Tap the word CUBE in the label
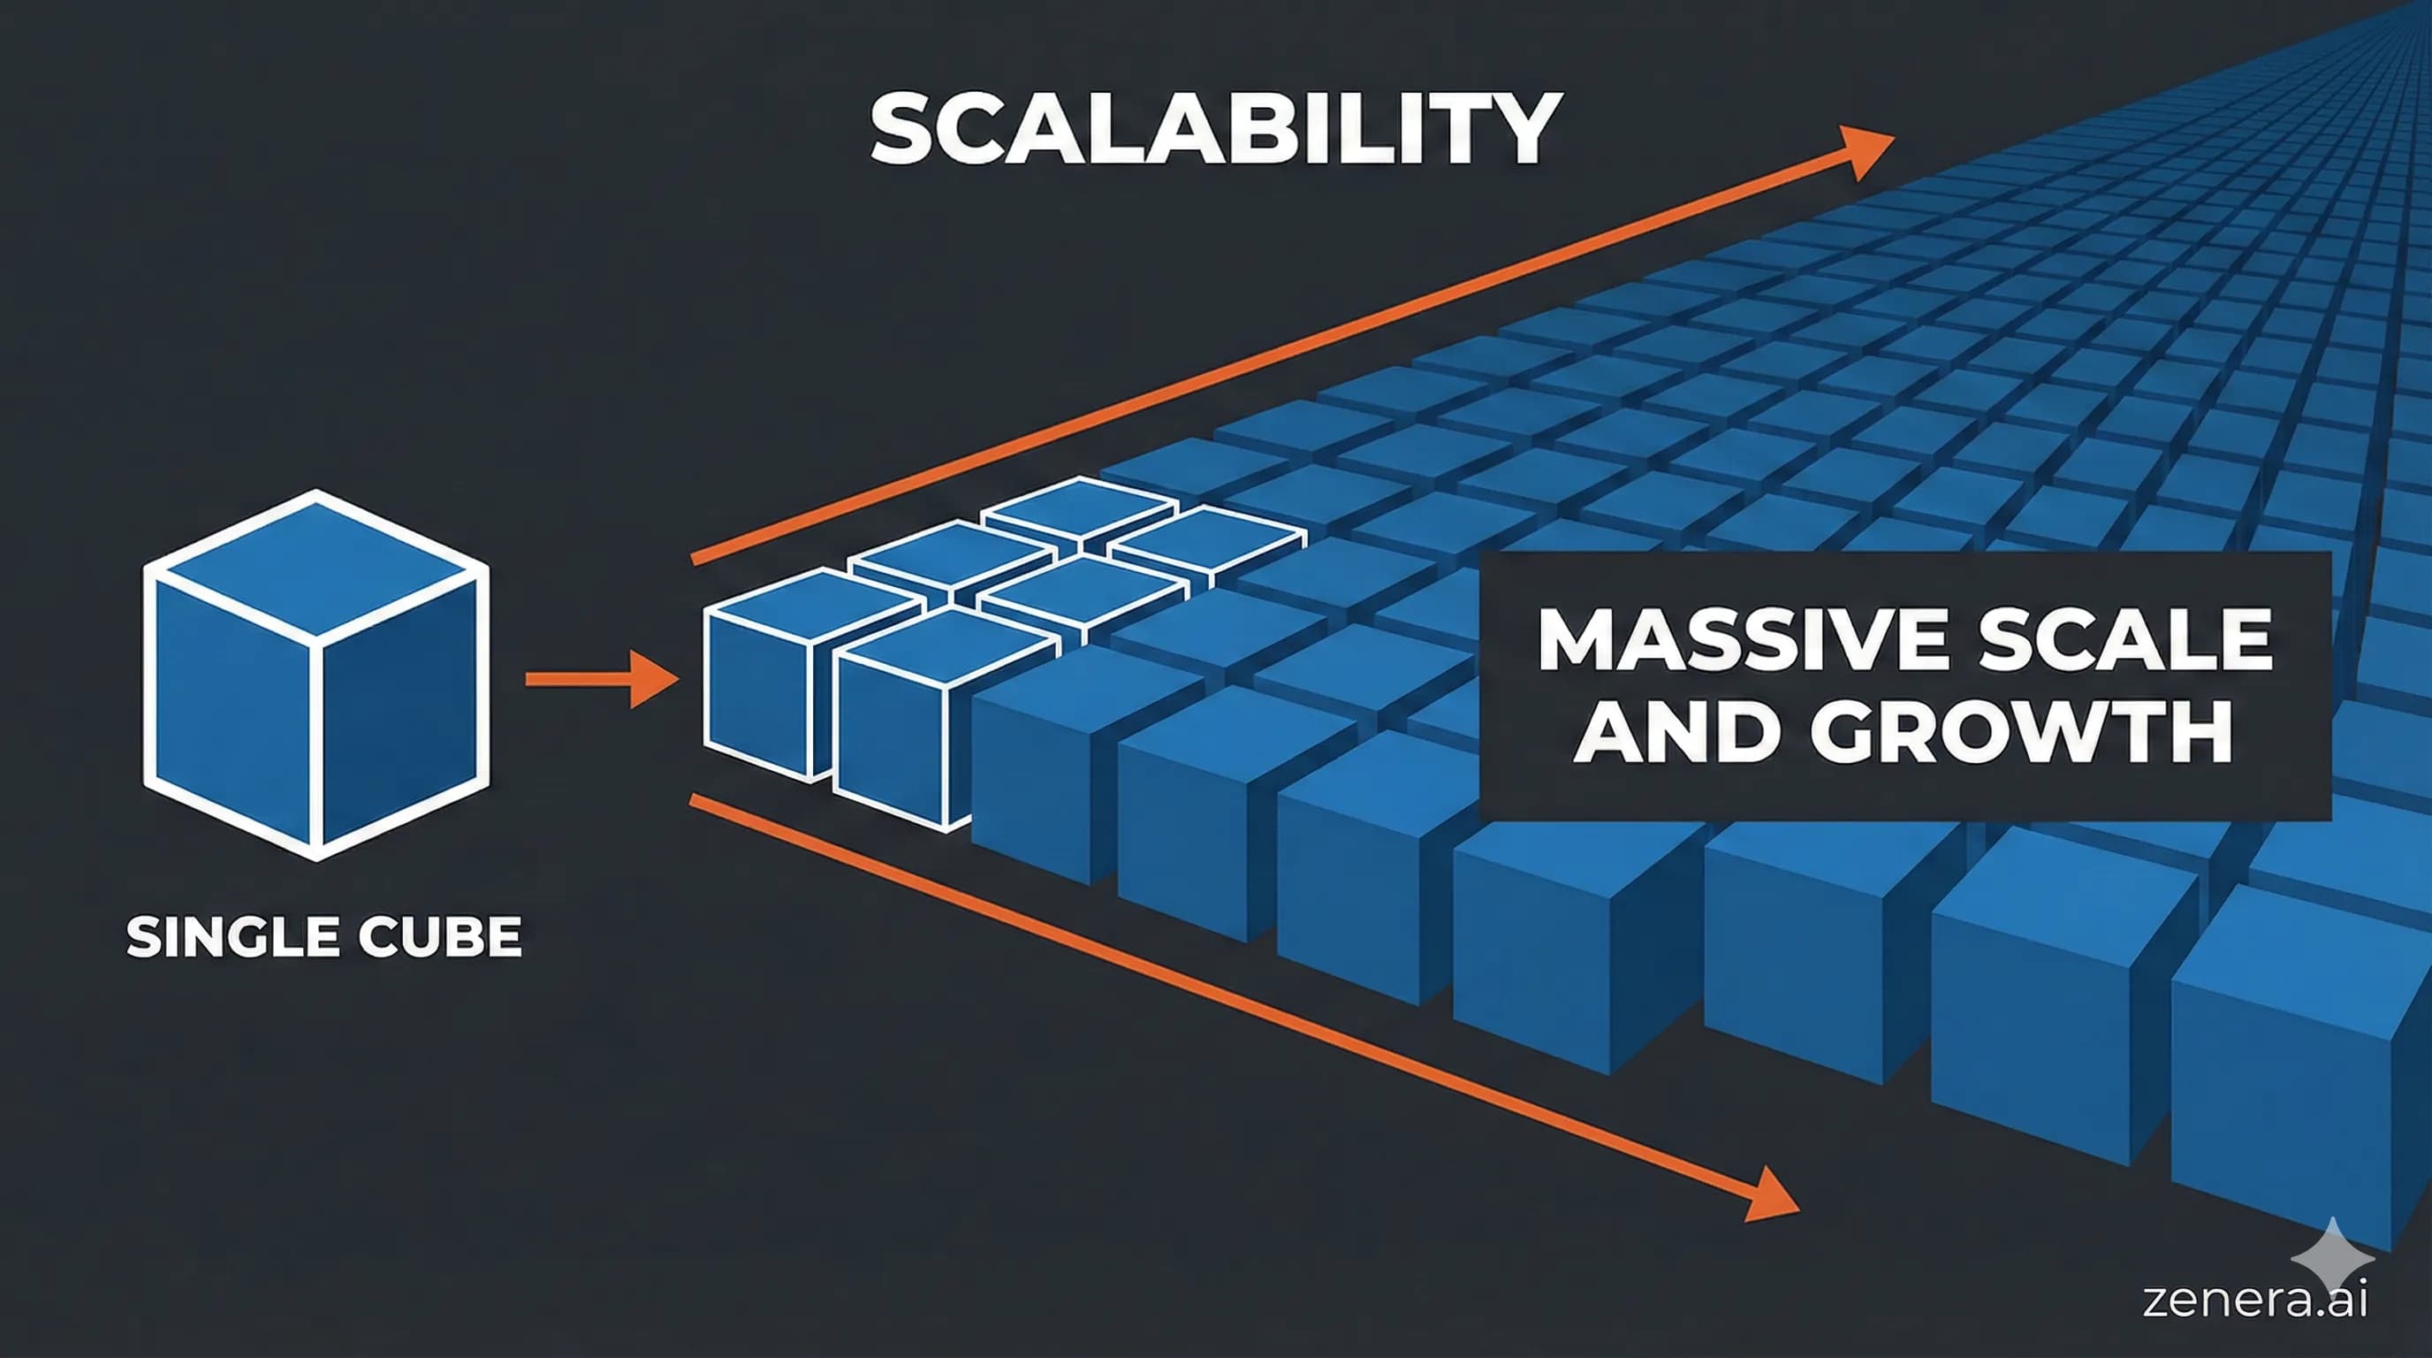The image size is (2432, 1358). click(440, 938)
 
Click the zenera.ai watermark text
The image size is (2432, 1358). click(2254, 1300)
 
